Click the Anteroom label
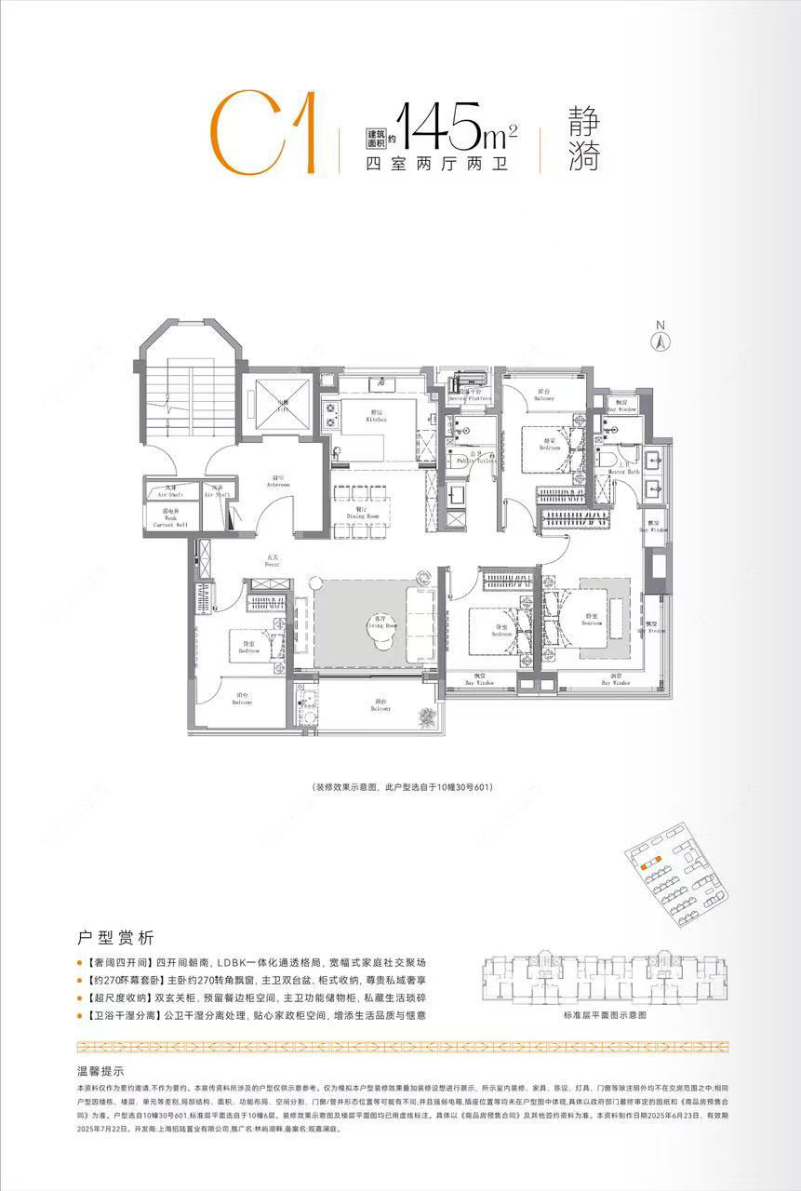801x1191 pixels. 276,483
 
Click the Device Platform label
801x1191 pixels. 470,396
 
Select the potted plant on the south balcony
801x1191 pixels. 427,717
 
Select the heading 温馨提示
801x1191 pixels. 101,1071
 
